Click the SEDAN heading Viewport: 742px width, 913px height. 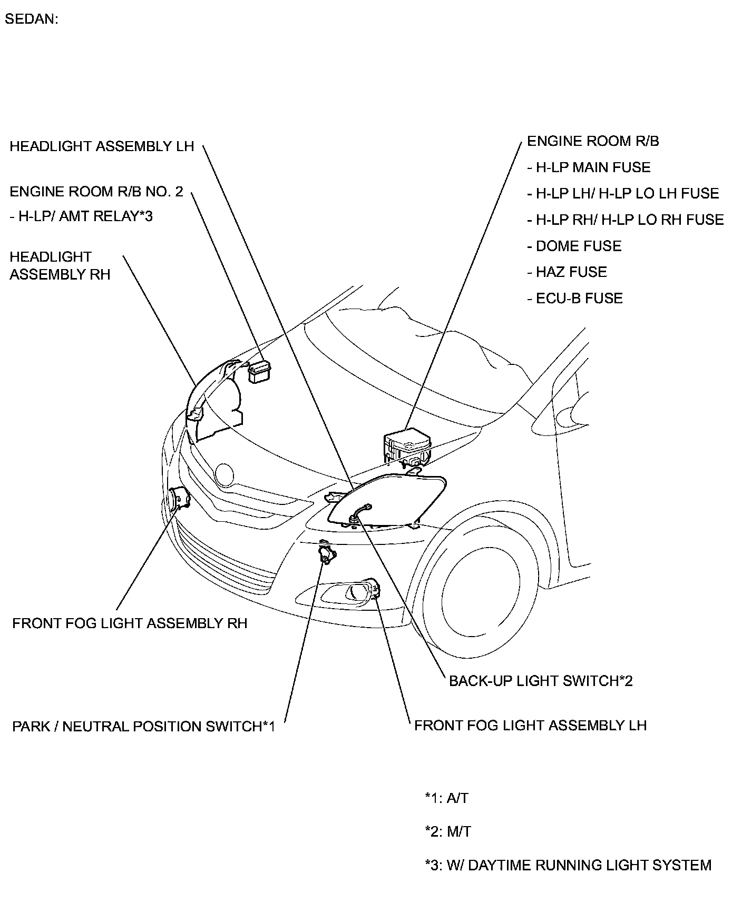click(x=31, y=19)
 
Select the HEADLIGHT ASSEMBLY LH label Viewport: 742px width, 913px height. click(x=102, y=146)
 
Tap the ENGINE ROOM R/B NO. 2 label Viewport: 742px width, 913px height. click(x=96, y=191)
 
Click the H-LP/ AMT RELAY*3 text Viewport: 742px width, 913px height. click(x=81, y=216)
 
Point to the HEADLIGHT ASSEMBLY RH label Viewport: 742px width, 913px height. click(x=60, y=265)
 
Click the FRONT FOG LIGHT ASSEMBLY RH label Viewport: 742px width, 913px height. click(x=130, y=623)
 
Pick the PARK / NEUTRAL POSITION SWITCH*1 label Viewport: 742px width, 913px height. click(x=143, y=727)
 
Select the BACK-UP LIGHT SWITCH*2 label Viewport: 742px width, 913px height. click(x=541, y=681)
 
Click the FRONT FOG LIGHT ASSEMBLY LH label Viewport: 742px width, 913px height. click(x=530, y=726)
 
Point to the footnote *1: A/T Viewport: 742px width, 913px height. click(x=446, y=798)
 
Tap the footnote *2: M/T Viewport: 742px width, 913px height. click(x=448, y=832)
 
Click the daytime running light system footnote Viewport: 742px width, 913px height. click(x=568, y=865)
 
